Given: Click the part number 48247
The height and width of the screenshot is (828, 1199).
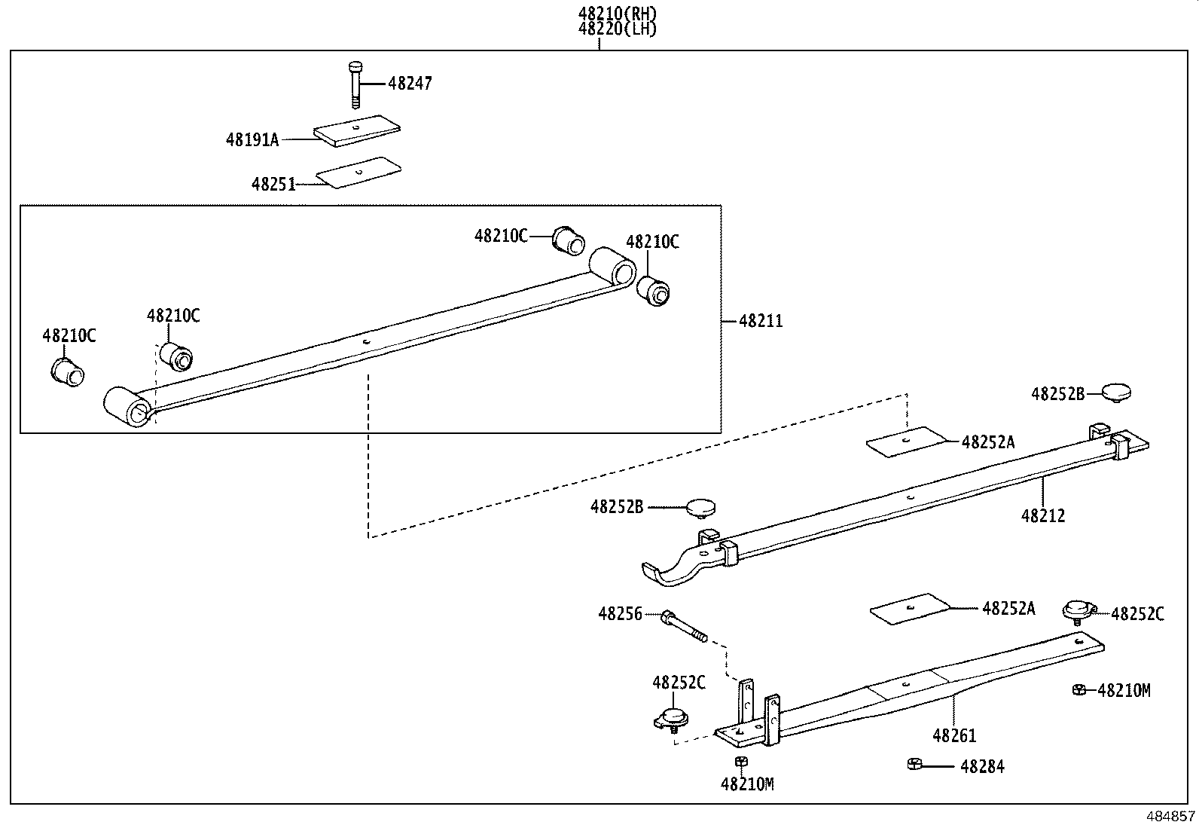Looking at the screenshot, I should click(410, 84).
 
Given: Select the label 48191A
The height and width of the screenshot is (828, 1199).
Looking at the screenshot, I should click(252, 139).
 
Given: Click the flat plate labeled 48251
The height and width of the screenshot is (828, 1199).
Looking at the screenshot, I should click(358, 173).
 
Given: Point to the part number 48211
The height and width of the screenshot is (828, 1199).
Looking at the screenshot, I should click(761, 322).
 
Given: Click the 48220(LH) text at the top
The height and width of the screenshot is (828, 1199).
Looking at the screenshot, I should click(618, 29).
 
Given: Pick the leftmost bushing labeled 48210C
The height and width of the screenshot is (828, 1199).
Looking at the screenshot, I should click(66, 371).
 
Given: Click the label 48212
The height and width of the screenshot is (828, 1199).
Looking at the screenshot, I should click(1043, 516).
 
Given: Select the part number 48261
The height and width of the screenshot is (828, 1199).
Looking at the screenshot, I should click(954, 736).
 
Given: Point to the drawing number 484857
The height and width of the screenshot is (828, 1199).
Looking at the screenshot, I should click(1170, 817).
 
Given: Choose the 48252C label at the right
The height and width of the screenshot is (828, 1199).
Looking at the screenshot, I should click(1137, 614).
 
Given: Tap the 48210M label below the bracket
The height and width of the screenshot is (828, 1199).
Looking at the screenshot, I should click(747, 785).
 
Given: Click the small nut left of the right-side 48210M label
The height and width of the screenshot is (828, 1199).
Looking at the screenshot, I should click(1078, 689).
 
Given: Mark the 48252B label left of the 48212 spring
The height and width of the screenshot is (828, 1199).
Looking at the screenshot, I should click(616, 507).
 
